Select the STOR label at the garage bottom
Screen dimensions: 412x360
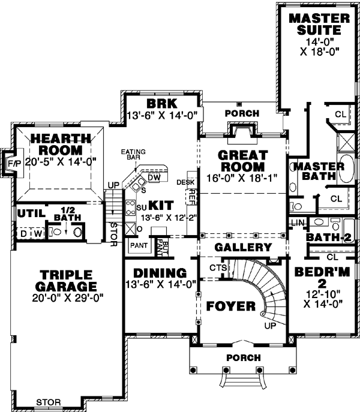coord(47,402)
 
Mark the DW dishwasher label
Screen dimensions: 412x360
coord(153,178)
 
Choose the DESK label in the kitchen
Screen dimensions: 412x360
coord(184,181)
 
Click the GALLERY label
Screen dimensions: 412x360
coord(243,247)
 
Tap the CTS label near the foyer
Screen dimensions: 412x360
coord(217,267)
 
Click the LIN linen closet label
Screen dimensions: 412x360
coord(297,223)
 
